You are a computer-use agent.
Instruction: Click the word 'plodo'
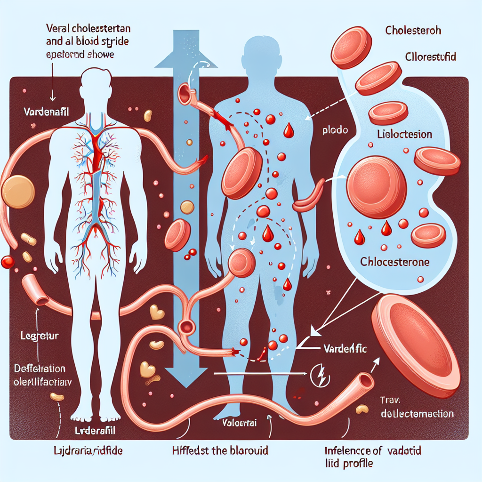point(335,130)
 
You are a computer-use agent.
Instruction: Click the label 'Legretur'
point(40,337)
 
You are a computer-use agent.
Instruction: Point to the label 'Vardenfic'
point(345,349)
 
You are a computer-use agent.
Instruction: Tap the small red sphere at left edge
point(8,262)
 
